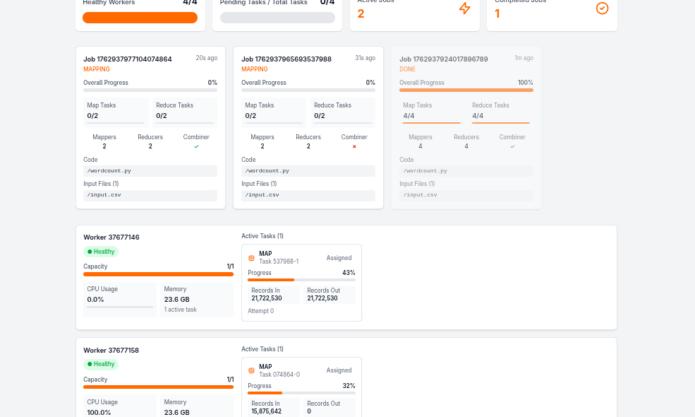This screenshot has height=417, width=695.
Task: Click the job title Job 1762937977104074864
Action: (x=128, y=59)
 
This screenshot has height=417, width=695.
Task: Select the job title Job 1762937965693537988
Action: (x=286, y=59)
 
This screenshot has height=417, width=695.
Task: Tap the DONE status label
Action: (x=407, y=69)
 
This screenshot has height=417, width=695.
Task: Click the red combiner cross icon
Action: (x=354, y=146)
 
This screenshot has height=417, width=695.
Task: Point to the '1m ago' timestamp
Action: (x=524, y=58)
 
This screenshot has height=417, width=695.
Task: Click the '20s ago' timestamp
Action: (x=206, y=58)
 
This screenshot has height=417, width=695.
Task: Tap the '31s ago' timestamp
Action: (x=365, y=58)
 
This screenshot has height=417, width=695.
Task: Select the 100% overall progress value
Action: (x=525, y=83)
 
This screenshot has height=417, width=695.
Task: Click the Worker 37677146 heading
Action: (x=111, y=237)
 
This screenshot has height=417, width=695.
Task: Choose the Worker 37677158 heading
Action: (x=111, y=351)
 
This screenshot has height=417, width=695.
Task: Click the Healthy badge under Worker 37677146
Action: (x=101, y=252)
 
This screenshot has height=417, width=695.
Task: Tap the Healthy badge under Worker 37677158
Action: (x=101, y=364)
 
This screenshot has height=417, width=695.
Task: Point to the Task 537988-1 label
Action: (x=279, y=262)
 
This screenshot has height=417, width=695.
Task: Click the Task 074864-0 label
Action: (x=279, y=375)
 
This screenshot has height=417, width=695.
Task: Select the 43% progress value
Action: (x=349, y=273)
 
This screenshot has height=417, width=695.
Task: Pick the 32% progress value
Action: (x=349, y=386)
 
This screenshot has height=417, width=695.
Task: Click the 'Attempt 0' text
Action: (x=261, y=311)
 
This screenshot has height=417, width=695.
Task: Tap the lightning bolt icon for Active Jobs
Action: (x=464, y=8)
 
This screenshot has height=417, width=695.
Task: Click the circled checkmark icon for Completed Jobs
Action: (x=602, y=8)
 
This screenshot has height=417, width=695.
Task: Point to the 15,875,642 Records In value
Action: (x=267, y=411)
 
